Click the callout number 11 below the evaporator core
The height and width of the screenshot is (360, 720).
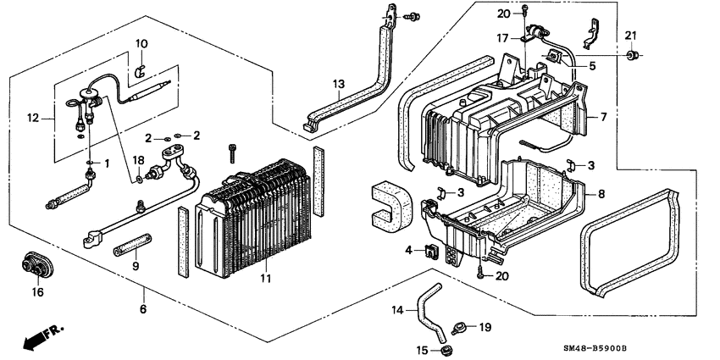pyautogui.click(x=264, y=278)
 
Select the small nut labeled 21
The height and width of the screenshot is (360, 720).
pyautogui.click(x=631, y=56)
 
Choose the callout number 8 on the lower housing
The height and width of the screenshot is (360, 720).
pyautogui.click(x=601, y=194)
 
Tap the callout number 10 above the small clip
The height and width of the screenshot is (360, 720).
pyautogui.click(x=141, y=43)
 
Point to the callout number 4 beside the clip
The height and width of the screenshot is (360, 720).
pyautogui.click(x=408, y=250)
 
